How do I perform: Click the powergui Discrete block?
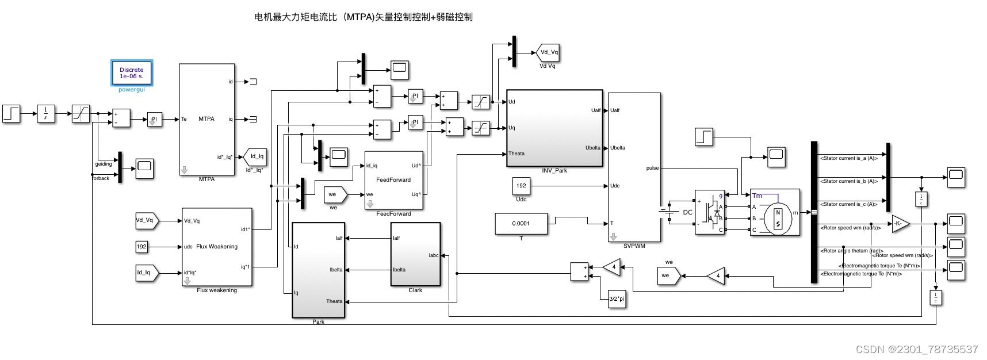coord(132,73)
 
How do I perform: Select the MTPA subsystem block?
coord(206,120)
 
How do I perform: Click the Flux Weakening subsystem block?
coord(217,247)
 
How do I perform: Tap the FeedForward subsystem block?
coord(393,180)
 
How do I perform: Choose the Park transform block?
coord(318,270)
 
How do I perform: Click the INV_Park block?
coord(554,128)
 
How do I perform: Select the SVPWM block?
coord(634,167)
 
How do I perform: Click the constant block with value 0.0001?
coord(521,224)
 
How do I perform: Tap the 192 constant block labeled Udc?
coord(521,186)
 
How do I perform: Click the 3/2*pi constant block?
coord(617,299)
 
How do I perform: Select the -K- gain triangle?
coord(900,224)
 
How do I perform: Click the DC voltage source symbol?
coord(670,212)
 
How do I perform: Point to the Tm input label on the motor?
coord(757,196)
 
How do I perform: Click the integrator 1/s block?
coord(46,113)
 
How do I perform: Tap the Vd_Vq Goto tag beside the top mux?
coord(548,52)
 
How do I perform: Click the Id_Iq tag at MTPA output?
coord(256,156)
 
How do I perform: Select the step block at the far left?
coord(12,113)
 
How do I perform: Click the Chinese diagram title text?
coord(363,17)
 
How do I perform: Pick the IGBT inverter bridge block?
coord(709,212)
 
